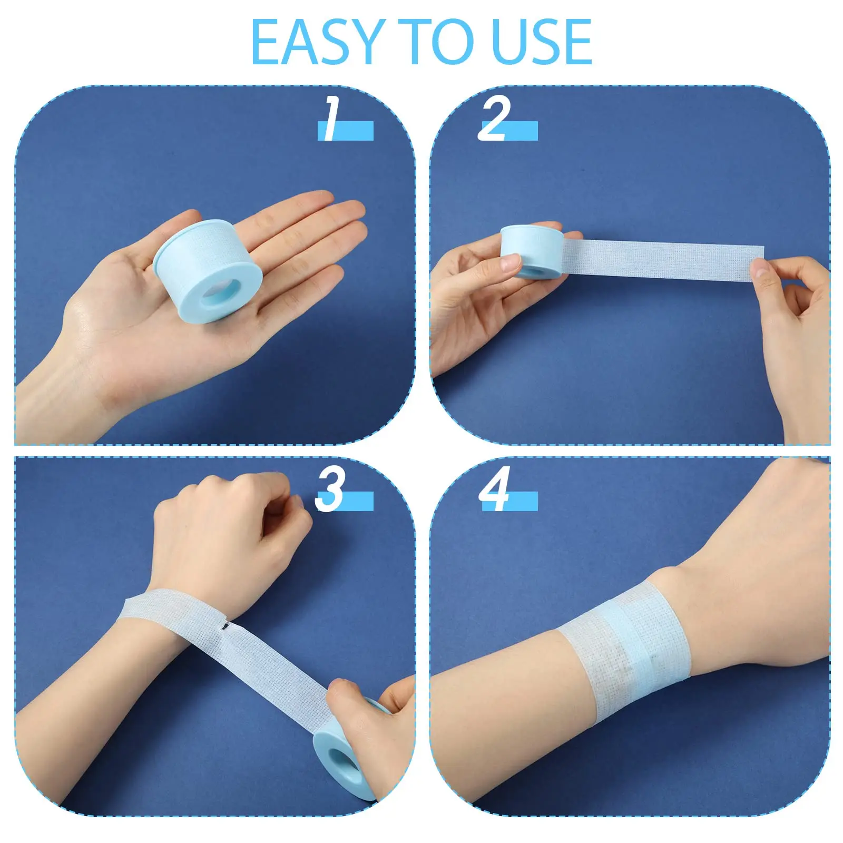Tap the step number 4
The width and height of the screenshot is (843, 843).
[494, 490]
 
